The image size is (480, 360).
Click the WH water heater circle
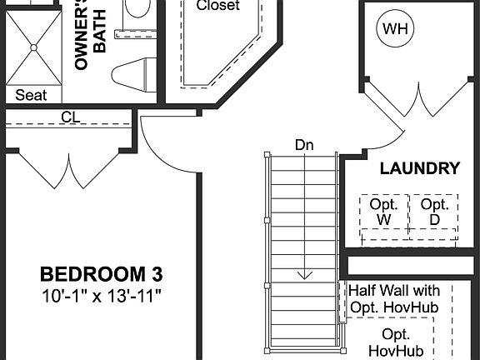coord(396,30)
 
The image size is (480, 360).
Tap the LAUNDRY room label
coord(419,168)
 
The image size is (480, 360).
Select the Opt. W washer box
coord(384,212)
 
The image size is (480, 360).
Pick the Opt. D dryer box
coord(433,212)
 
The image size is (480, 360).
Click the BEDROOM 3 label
coord(102,273)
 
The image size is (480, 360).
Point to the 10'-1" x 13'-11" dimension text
coord(102,294)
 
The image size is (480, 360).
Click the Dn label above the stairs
coord(304,144)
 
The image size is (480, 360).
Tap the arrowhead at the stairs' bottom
coord(306,274)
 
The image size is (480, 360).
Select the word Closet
coord(217,6)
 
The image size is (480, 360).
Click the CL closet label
coord(70,117)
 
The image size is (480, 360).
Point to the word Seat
coord(31,95)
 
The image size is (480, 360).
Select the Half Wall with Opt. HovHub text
coord(394,297)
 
